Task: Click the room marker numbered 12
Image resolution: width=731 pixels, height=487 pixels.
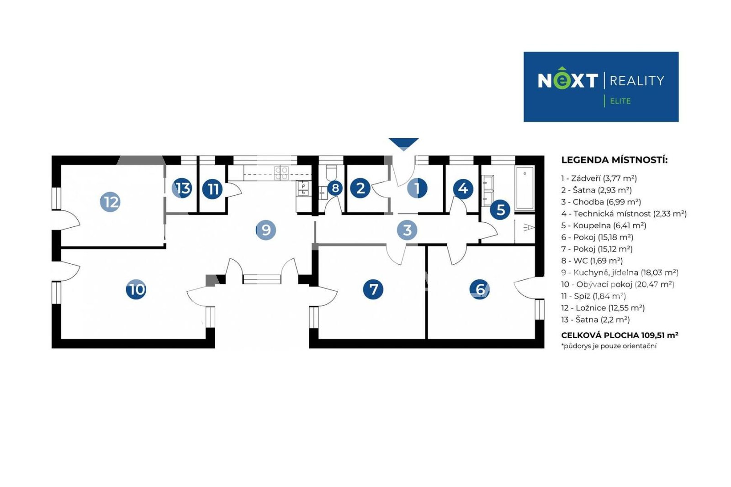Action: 110,202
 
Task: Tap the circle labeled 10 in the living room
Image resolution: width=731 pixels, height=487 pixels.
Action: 136,289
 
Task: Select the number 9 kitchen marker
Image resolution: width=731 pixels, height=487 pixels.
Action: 266,230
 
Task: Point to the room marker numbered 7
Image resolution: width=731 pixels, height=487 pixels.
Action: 373,289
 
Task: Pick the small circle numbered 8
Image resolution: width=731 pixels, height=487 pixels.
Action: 335,188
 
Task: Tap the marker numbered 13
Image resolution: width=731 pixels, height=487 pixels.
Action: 182,188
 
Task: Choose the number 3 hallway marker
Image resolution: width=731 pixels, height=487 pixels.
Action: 407,230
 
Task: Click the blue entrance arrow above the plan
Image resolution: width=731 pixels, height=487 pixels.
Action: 404,143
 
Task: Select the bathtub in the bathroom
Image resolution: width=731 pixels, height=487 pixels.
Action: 525,188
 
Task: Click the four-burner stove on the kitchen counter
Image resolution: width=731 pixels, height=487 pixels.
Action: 281,173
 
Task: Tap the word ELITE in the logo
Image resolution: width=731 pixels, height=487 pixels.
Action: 620,101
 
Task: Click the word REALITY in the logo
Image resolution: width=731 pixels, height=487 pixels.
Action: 637,81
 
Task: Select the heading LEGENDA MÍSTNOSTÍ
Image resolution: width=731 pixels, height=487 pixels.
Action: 614,160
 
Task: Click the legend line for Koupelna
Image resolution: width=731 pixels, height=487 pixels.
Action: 604,225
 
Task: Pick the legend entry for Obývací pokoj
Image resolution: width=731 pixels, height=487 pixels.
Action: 617,284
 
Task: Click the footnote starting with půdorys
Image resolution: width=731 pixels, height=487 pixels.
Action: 609,346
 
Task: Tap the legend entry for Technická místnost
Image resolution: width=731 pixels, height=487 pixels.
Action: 624,214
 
